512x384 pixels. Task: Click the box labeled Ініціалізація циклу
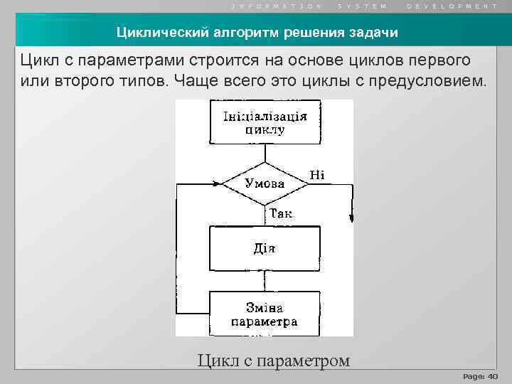[x=264, y=123]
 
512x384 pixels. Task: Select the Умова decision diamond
[x=265, y=183]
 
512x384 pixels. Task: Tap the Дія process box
[x=264, y=248]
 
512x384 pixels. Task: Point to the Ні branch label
[x=317, y=174]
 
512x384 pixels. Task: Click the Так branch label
[x=280, y=213]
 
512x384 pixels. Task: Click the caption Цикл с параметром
[x=274, y=361]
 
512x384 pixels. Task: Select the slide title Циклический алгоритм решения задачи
[x=257, y=33]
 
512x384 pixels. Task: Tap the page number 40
[x=492, y=375]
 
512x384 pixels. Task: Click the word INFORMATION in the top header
[x=277, y=6]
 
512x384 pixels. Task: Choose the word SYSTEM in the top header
[x=363, y=6]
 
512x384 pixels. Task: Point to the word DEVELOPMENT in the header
[x=452, y=6]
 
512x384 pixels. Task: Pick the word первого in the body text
[x=440, y=59]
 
